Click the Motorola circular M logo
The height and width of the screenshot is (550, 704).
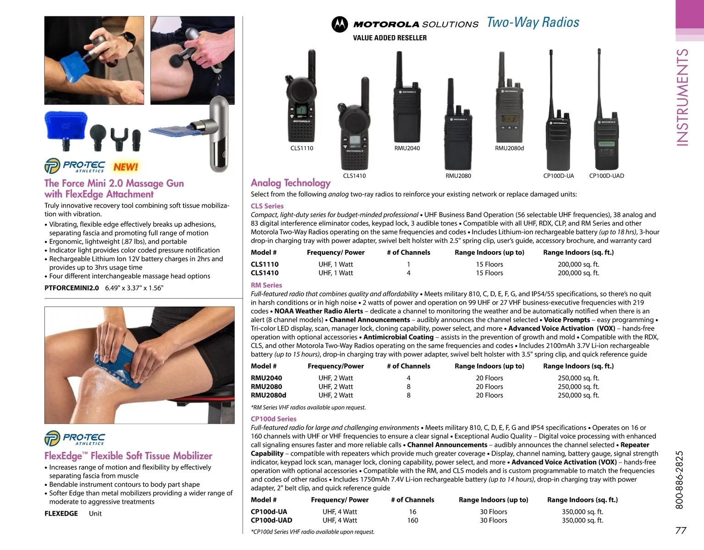click(x=339, y=24)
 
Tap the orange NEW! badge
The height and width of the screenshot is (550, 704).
click(x=126, y=167)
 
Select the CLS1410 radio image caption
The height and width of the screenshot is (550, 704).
click(x=355, y=176)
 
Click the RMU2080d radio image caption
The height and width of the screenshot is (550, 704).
click(x=509, y=148)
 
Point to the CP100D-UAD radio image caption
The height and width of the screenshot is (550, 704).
click(x=606, y=176)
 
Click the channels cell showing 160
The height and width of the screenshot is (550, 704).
click(x=412, y=520)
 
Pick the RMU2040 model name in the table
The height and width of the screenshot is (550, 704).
click(x=266, y=378)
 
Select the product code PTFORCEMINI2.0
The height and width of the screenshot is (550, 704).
click(x=72, y=288)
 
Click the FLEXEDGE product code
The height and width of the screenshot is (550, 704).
click(x=61, y=513)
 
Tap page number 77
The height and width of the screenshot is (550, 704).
click(x=681, y=530)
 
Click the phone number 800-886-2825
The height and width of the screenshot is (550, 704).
click(x=679, y=480)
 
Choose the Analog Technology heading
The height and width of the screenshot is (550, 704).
click(x=291, y=183)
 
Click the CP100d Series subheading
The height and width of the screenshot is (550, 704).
click(x=273, y=418)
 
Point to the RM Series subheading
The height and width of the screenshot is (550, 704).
click(x=266, y=285)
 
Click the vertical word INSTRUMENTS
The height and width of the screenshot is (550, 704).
click(x=682, y=98)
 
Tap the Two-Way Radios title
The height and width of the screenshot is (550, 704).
click(x=533, y=22)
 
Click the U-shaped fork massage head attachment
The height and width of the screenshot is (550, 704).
click(x=119, y=139)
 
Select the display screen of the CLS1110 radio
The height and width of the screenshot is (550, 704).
click(x=301, y=110)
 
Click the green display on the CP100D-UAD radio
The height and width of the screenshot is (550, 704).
click(x=606, y=144)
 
